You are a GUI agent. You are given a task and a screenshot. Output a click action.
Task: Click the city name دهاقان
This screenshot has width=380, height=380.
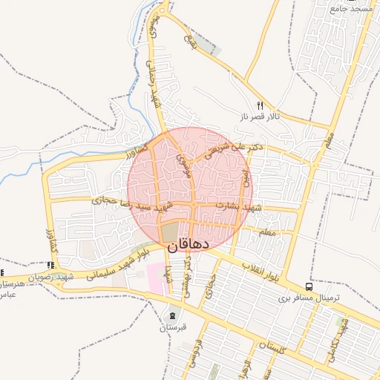point(189,243)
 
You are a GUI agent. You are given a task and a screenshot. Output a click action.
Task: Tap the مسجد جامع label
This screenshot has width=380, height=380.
point(352,8)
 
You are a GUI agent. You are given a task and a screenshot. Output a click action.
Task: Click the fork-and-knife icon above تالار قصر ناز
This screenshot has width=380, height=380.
point(259,105)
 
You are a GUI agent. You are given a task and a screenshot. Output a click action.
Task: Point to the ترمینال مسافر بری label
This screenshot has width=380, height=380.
point(309,297)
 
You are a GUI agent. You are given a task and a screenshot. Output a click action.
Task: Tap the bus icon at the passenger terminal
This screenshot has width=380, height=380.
point(309,286)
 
